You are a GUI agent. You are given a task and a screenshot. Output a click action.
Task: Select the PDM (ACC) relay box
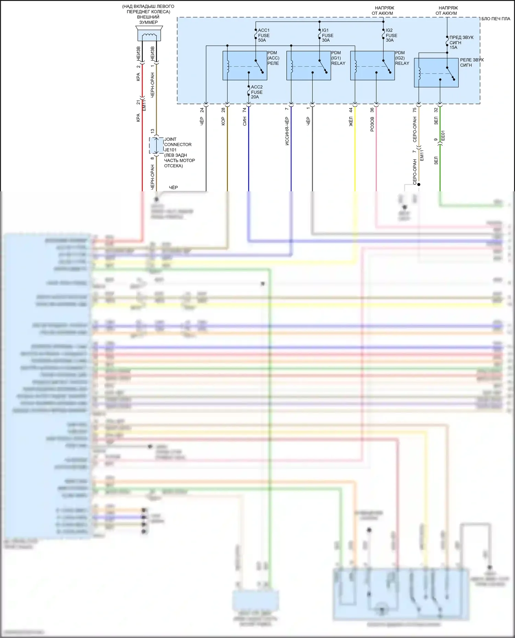coord(244,65)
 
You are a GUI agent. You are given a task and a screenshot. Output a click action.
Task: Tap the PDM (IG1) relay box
coord(308,65)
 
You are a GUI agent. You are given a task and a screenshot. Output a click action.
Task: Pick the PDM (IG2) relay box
coord(372,65)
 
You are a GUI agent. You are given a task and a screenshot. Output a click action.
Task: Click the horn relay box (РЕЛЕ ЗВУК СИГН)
coord(436,72)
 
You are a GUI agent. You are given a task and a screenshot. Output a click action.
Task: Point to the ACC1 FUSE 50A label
coord(264,35)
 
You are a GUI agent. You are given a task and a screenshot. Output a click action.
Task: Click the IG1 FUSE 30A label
coord(327,35)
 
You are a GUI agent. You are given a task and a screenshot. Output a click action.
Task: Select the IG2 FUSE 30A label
coord(391,35)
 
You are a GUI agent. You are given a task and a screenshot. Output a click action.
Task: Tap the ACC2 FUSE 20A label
coord(256,92)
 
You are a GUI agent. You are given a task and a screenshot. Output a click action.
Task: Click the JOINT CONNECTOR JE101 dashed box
coord(156,146)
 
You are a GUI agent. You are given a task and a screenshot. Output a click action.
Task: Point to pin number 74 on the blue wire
coord(244,110)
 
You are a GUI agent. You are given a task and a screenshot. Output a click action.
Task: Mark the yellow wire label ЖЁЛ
coord(351,121)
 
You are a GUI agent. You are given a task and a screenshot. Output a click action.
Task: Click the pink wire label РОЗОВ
coord(372,124)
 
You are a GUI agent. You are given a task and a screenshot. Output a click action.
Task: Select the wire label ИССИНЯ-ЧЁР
coord(287,131)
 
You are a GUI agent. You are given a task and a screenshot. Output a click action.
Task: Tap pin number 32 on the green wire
coord(436,110)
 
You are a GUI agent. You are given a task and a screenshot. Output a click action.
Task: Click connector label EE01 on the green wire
coord(443,135)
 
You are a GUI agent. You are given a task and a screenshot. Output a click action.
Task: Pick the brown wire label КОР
coord(223,121)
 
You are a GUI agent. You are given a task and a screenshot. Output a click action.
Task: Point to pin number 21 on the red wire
coord(138,103)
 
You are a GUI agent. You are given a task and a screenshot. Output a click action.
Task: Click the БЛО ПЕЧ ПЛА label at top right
coord(496,19)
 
